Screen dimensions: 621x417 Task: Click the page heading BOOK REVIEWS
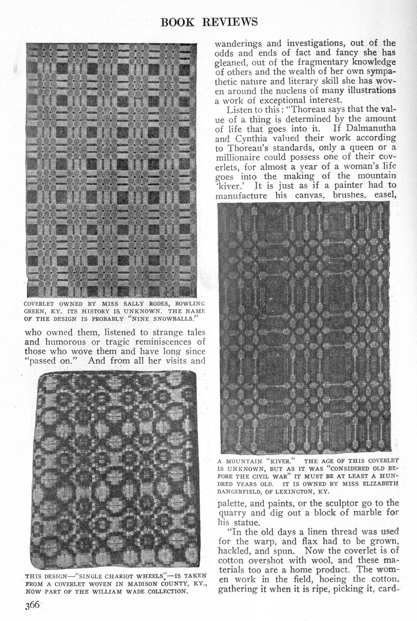point(209,22)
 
